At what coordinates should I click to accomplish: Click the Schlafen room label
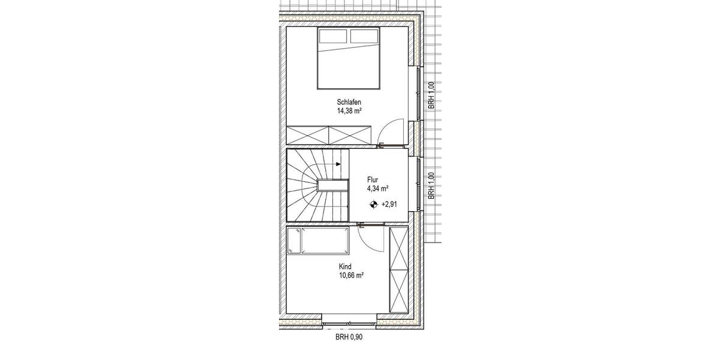click(x=349, y=102)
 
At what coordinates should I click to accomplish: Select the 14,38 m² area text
click(x=349, y=111)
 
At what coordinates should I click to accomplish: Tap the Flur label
click(x=373, y=179)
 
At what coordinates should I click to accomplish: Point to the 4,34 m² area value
click(x=377, y=188)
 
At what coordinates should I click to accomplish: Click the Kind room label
click(x=345, y=266)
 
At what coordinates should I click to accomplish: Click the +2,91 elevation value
click(x=389, y=204)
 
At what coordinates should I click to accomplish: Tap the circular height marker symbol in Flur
click(x=374, y=204)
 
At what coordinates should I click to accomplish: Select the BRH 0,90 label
click(x=349, y=337)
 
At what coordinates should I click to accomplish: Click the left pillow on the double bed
click(x=333, y=37)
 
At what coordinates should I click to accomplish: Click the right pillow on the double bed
click(x=364, y=37)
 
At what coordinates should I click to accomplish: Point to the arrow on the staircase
click(x=339, y=163)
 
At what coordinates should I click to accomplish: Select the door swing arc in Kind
click(x=370, y=239)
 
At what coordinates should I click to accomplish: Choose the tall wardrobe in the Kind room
click(x=398, y=270)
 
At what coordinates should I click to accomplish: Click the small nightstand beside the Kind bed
click(x=294, y=240)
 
